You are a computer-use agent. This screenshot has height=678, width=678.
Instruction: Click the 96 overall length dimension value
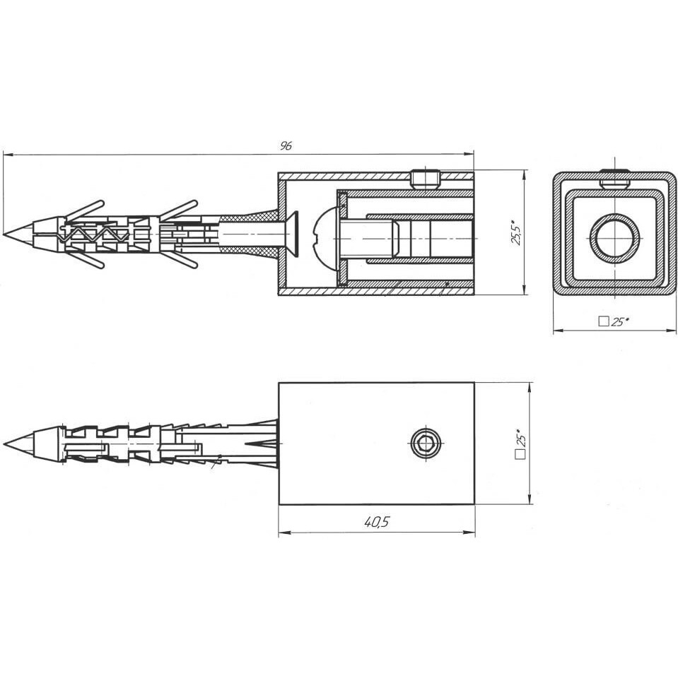286,145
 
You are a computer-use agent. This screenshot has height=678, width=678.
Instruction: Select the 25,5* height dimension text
518,232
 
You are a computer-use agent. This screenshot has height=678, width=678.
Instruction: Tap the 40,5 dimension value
377,523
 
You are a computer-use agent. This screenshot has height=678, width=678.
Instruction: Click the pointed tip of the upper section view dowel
4,234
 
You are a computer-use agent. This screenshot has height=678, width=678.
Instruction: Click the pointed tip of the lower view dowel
4,444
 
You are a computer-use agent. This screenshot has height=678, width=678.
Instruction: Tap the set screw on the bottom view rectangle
426,444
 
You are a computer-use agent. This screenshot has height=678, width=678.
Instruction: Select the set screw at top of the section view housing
426,179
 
